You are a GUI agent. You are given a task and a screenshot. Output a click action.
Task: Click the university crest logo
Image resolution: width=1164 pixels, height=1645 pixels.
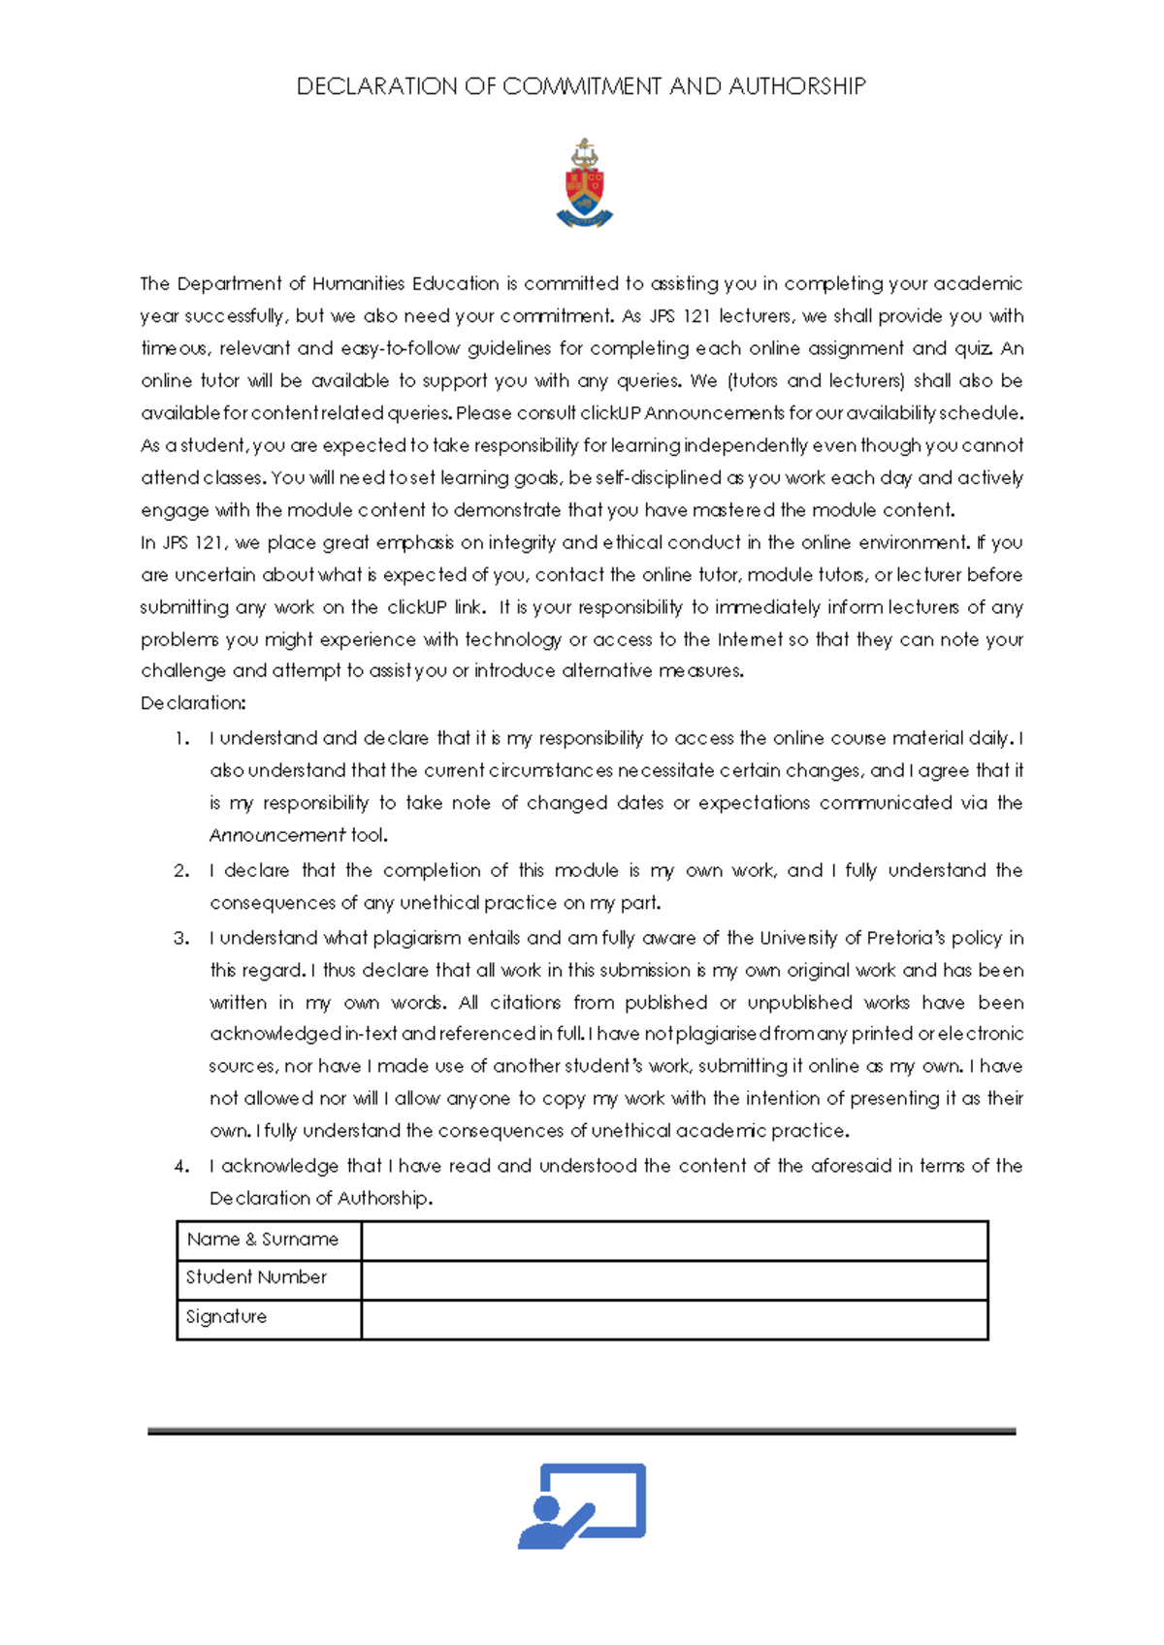(x=584, y=183)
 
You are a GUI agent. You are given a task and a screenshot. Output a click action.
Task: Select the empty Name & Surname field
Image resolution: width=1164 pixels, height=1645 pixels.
(x=674, y=1241)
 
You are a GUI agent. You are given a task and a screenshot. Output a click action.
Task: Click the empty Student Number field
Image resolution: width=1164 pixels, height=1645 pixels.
(x=674, y=1279)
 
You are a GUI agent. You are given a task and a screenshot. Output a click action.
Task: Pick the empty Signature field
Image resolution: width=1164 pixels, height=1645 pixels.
(x=674, y=1319)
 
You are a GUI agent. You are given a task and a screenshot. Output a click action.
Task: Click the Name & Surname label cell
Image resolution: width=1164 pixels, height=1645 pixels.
(x=269, y=1241)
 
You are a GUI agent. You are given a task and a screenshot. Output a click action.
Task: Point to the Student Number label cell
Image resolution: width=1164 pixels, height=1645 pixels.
(x=269, y=1278)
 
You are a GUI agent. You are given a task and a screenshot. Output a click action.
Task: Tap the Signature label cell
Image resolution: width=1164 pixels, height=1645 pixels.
(x=269, y=1318)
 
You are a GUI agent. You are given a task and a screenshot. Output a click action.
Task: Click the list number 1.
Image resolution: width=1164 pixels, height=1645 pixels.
(x=181, y=739)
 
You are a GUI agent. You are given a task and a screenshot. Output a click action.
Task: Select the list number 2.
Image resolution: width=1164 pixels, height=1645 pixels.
(x=181, y=871)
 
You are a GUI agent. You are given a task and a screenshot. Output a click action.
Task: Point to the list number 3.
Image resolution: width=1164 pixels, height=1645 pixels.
(x=181, y=939)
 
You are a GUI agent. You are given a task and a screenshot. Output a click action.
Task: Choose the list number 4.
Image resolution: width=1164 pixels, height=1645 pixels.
(x=181, y=1167)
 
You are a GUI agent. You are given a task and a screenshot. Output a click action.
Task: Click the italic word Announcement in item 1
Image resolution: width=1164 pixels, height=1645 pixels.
(x=277, y=835)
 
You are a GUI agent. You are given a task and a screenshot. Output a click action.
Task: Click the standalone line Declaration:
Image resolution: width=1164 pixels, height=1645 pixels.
(x=193, y=703)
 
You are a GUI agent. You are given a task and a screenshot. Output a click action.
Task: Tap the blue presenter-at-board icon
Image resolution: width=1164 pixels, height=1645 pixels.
(x=582, y=1505)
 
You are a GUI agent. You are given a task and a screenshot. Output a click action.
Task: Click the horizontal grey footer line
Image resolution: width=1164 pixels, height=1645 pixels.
(x=582, y=1431)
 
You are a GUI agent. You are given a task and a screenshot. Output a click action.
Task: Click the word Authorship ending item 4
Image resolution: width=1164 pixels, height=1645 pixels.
(x=382, y=1199)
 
